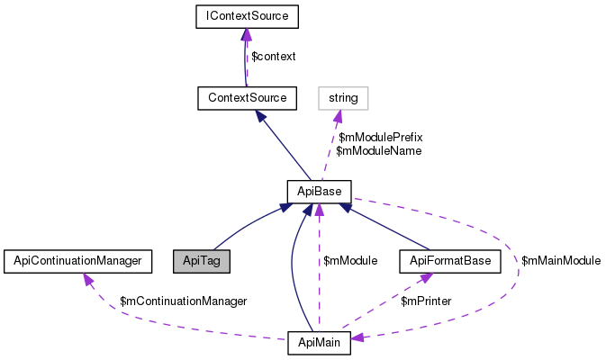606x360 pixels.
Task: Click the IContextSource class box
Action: (x=247, y=16)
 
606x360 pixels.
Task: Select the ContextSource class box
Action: (x=247, y=97)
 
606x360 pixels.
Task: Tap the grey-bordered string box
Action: (x=343, y=97)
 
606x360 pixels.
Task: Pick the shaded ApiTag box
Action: (x=202, y=261)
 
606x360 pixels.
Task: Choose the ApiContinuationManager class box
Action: (x=74, y=261)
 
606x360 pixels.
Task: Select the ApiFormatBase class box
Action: (x=450, y=261)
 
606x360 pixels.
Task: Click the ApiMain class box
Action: (x=319, y=343)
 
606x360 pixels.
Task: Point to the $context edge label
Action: (x=273, y=57)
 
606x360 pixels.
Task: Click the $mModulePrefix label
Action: (x=380, y=137)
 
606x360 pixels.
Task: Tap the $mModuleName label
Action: (x=378, y=151)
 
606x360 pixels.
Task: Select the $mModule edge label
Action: (x=349, y=261)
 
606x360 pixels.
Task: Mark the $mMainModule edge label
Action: (x=561, y=261)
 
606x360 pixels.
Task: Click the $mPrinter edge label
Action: (x=427, y=301)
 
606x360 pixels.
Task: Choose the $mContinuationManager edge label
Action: (x=183, y=301)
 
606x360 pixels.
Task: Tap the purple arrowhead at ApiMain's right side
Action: (x=357, y=337)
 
